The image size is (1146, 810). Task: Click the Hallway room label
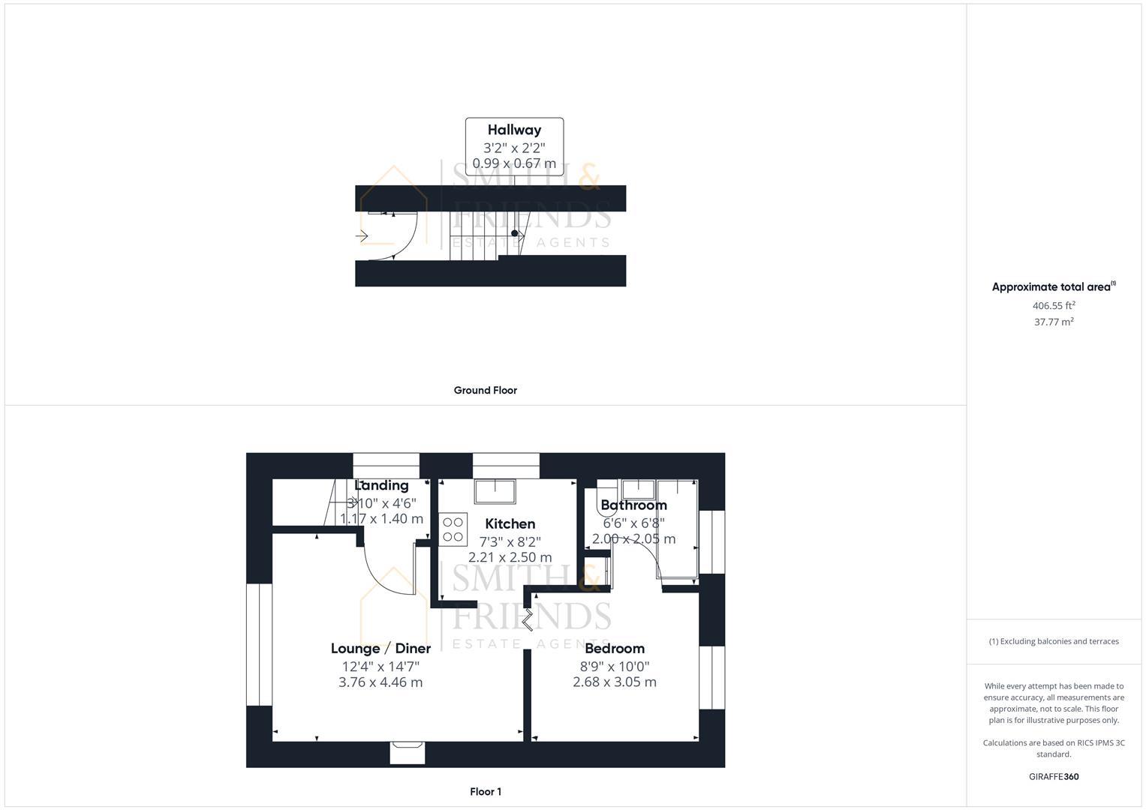[514, 130]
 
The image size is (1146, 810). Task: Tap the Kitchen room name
[510, 523]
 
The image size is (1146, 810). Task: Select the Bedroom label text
[614, 649]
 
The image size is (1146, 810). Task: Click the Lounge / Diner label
[380, 649]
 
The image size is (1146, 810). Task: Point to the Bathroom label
[633, 505]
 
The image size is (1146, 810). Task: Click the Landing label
[381, 485]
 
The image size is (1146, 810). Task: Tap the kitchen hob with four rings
[453, 528]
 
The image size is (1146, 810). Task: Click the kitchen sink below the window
[495, 491]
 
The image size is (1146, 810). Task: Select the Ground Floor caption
[485, 390]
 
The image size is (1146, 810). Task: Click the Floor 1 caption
[485, 791]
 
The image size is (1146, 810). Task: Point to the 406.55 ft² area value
[1054, 305]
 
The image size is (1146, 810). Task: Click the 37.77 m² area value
[1054, 322]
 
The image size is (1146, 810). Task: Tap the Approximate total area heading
[1053, 286]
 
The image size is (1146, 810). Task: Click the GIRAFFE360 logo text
[1054, 776]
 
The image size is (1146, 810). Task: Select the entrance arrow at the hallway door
[362, 236]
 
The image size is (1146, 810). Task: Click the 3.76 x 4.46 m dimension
[380, 682]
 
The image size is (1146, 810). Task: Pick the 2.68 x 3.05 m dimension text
[614, 682]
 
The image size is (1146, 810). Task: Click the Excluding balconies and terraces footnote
[1054, 641]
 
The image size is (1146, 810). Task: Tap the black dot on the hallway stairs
[514, 233]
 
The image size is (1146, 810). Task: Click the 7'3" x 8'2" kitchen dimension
[510, 541]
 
